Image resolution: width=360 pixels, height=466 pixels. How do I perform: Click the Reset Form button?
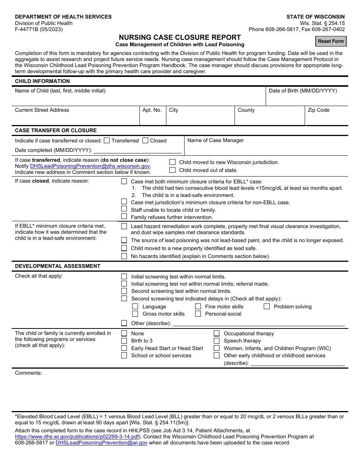331,41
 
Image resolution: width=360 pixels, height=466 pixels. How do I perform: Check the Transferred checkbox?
106,141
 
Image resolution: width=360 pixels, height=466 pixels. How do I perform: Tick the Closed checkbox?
145,141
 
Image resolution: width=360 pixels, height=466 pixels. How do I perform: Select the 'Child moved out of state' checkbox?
172,170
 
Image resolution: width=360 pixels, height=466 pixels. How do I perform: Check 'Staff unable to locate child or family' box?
124,209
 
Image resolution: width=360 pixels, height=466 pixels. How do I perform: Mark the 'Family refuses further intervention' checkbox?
124,217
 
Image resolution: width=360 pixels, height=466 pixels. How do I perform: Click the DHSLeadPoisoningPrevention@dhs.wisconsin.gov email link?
90,166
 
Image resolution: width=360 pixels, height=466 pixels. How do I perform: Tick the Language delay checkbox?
135,306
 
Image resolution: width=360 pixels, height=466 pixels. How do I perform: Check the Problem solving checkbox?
267,306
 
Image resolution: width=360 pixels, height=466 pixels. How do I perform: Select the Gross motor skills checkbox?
135,314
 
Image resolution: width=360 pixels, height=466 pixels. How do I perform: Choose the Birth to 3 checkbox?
124,341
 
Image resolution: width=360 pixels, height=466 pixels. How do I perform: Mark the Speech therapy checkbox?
216,341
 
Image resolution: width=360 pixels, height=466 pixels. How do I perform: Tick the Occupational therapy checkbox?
216,333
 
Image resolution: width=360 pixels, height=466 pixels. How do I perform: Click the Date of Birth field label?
302,91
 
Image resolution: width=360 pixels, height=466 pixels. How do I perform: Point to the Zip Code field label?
318,110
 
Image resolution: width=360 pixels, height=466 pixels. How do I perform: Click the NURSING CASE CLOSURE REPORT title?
180,37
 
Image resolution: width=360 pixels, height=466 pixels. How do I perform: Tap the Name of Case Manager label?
215,141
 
